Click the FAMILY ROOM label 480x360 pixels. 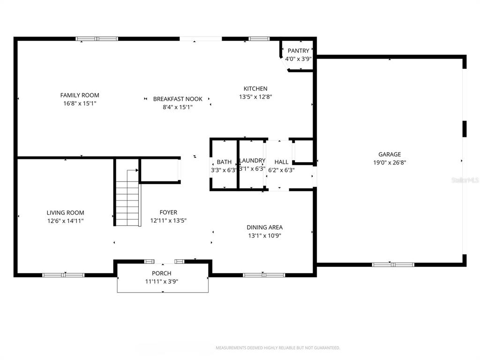[x=80, y=95]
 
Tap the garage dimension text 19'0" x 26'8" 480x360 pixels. [x=390, y=163]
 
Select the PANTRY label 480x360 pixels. [x=299, y=51]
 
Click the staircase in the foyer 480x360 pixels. [x=127, y=204]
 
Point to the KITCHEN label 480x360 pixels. [x=255, y=89]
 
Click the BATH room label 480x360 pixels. [x=224, y=162]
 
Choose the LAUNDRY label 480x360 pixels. [x=252, y=161]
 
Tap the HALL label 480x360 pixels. [x=281, y=162]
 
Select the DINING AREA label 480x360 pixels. [x=264, y=227]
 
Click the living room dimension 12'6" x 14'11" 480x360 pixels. [x=65, y=221]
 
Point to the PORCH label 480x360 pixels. [x=162, y=273]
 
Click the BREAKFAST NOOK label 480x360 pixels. [x=178, y=99]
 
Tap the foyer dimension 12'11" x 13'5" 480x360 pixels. [x=168, y=220]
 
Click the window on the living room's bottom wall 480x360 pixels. [x=63, y=275]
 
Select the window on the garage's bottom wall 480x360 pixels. [x=393, y=264]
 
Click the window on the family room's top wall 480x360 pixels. [x=97, y=39]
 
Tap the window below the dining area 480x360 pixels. [x=264, y=275]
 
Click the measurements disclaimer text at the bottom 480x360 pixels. [x=277, y=348]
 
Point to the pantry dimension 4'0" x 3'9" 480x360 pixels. [x=299, y=59]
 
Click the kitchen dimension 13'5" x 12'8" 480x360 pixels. [x=255, y=97]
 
